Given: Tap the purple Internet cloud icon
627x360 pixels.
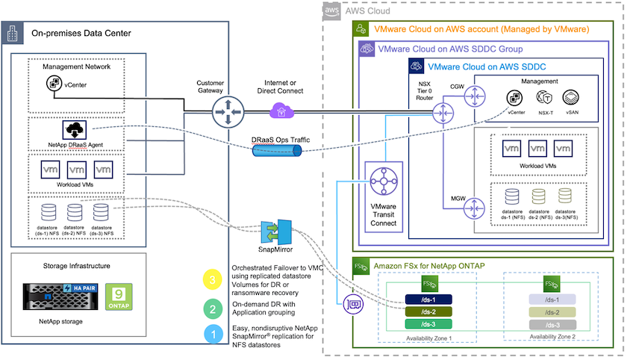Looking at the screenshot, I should pos(281,112).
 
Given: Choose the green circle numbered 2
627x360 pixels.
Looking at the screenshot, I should pos(213,307).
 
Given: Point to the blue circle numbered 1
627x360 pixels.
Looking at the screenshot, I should pos(213,334).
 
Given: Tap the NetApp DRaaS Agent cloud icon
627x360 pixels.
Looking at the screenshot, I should pos(77,128).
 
